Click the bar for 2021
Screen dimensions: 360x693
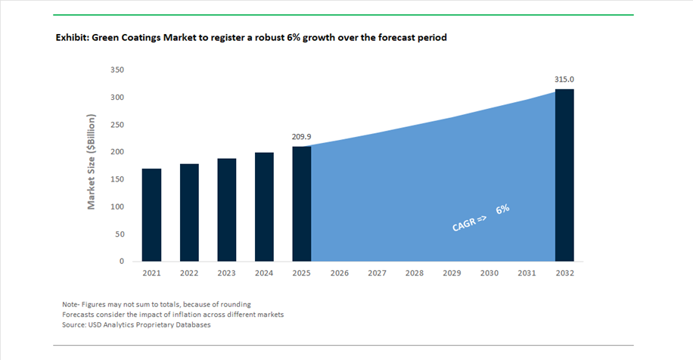[x=151, y=215]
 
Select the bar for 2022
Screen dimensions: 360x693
[x=189, y=213]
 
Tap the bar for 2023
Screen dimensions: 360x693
[x=227, y=209]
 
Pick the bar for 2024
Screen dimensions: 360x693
[x=264, y=206]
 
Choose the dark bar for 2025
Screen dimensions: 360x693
[x=302, y=203]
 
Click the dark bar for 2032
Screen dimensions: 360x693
[x=564, y=175]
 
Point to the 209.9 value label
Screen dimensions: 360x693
[x=302, y=138]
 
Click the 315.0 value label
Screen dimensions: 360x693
[x=564, y=79]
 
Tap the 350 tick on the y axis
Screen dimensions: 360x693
[x=117, y=70]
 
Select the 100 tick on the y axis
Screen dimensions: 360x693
[x=117, y=206]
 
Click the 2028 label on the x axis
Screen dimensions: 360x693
[x=415, y=273]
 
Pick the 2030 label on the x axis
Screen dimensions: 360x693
[x=489, y=273]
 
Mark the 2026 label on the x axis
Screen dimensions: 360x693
[x=340, y=273]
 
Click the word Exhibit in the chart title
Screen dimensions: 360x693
[x=71, y=37]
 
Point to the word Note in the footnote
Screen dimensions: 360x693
[x=70, y=304]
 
